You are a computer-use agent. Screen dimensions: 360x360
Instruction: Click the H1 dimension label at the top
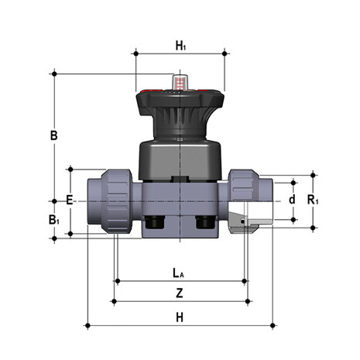click(x=180, y=46)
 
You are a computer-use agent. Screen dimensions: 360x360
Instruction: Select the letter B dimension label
click(x=54, y=135)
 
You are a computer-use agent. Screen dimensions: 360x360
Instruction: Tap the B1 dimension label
click(x=54, y=220)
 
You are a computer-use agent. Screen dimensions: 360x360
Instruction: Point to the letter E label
click(x=70, y=200)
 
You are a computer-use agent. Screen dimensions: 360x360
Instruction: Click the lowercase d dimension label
click(x=292, y=199)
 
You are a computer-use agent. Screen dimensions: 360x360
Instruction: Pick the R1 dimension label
click(x=313, y=200)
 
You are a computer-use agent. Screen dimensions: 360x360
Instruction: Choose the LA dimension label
click(x=178, y=273)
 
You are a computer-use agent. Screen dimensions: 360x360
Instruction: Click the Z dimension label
click(x=180, y=293)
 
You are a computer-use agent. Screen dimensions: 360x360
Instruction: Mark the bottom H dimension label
click(x=180, y=317)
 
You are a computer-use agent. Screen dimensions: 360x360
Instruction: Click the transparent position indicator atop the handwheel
click(x=180, y=82)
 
